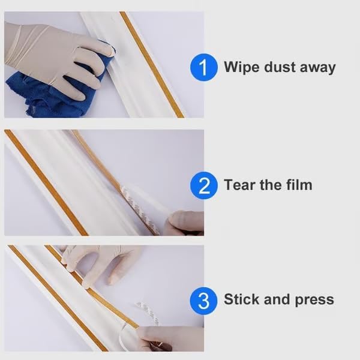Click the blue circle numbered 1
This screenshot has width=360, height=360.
tap(204, 67)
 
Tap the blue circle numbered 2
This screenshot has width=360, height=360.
tap(204, 185)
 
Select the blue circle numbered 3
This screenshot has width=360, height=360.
tap(204, 300)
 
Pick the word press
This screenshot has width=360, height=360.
tap(314, 300)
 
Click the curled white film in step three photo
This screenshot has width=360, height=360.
tap(141, 315)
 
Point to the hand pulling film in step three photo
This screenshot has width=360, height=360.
tap(171, 339)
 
